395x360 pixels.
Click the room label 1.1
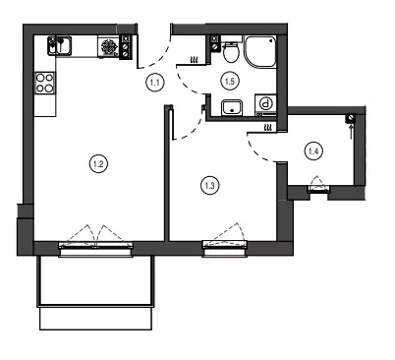(x=154, y=82)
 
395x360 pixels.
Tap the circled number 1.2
(x=98, y=163)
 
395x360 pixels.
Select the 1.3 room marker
(x=209, y=186)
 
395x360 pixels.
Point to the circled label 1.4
(x=313, y=151)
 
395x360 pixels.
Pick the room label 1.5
(x=230, y=81)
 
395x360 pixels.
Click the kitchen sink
(x=60, y=45)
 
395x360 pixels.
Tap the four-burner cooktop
(x=45, y=83)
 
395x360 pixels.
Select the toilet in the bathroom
(x=231, y=52)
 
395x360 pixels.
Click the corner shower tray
(x=260, y=52)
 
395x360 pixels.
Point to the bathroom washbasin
(x=232, y=107)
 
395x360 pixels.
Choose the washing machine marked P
(x=266, y=104)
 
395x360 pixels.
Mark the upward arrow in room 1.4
(x=352, y=132)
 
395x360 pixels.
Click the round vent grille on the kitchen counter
(x=108, y=47)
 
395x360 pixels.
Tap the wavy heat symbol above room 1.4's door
(x=268, y=128)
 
